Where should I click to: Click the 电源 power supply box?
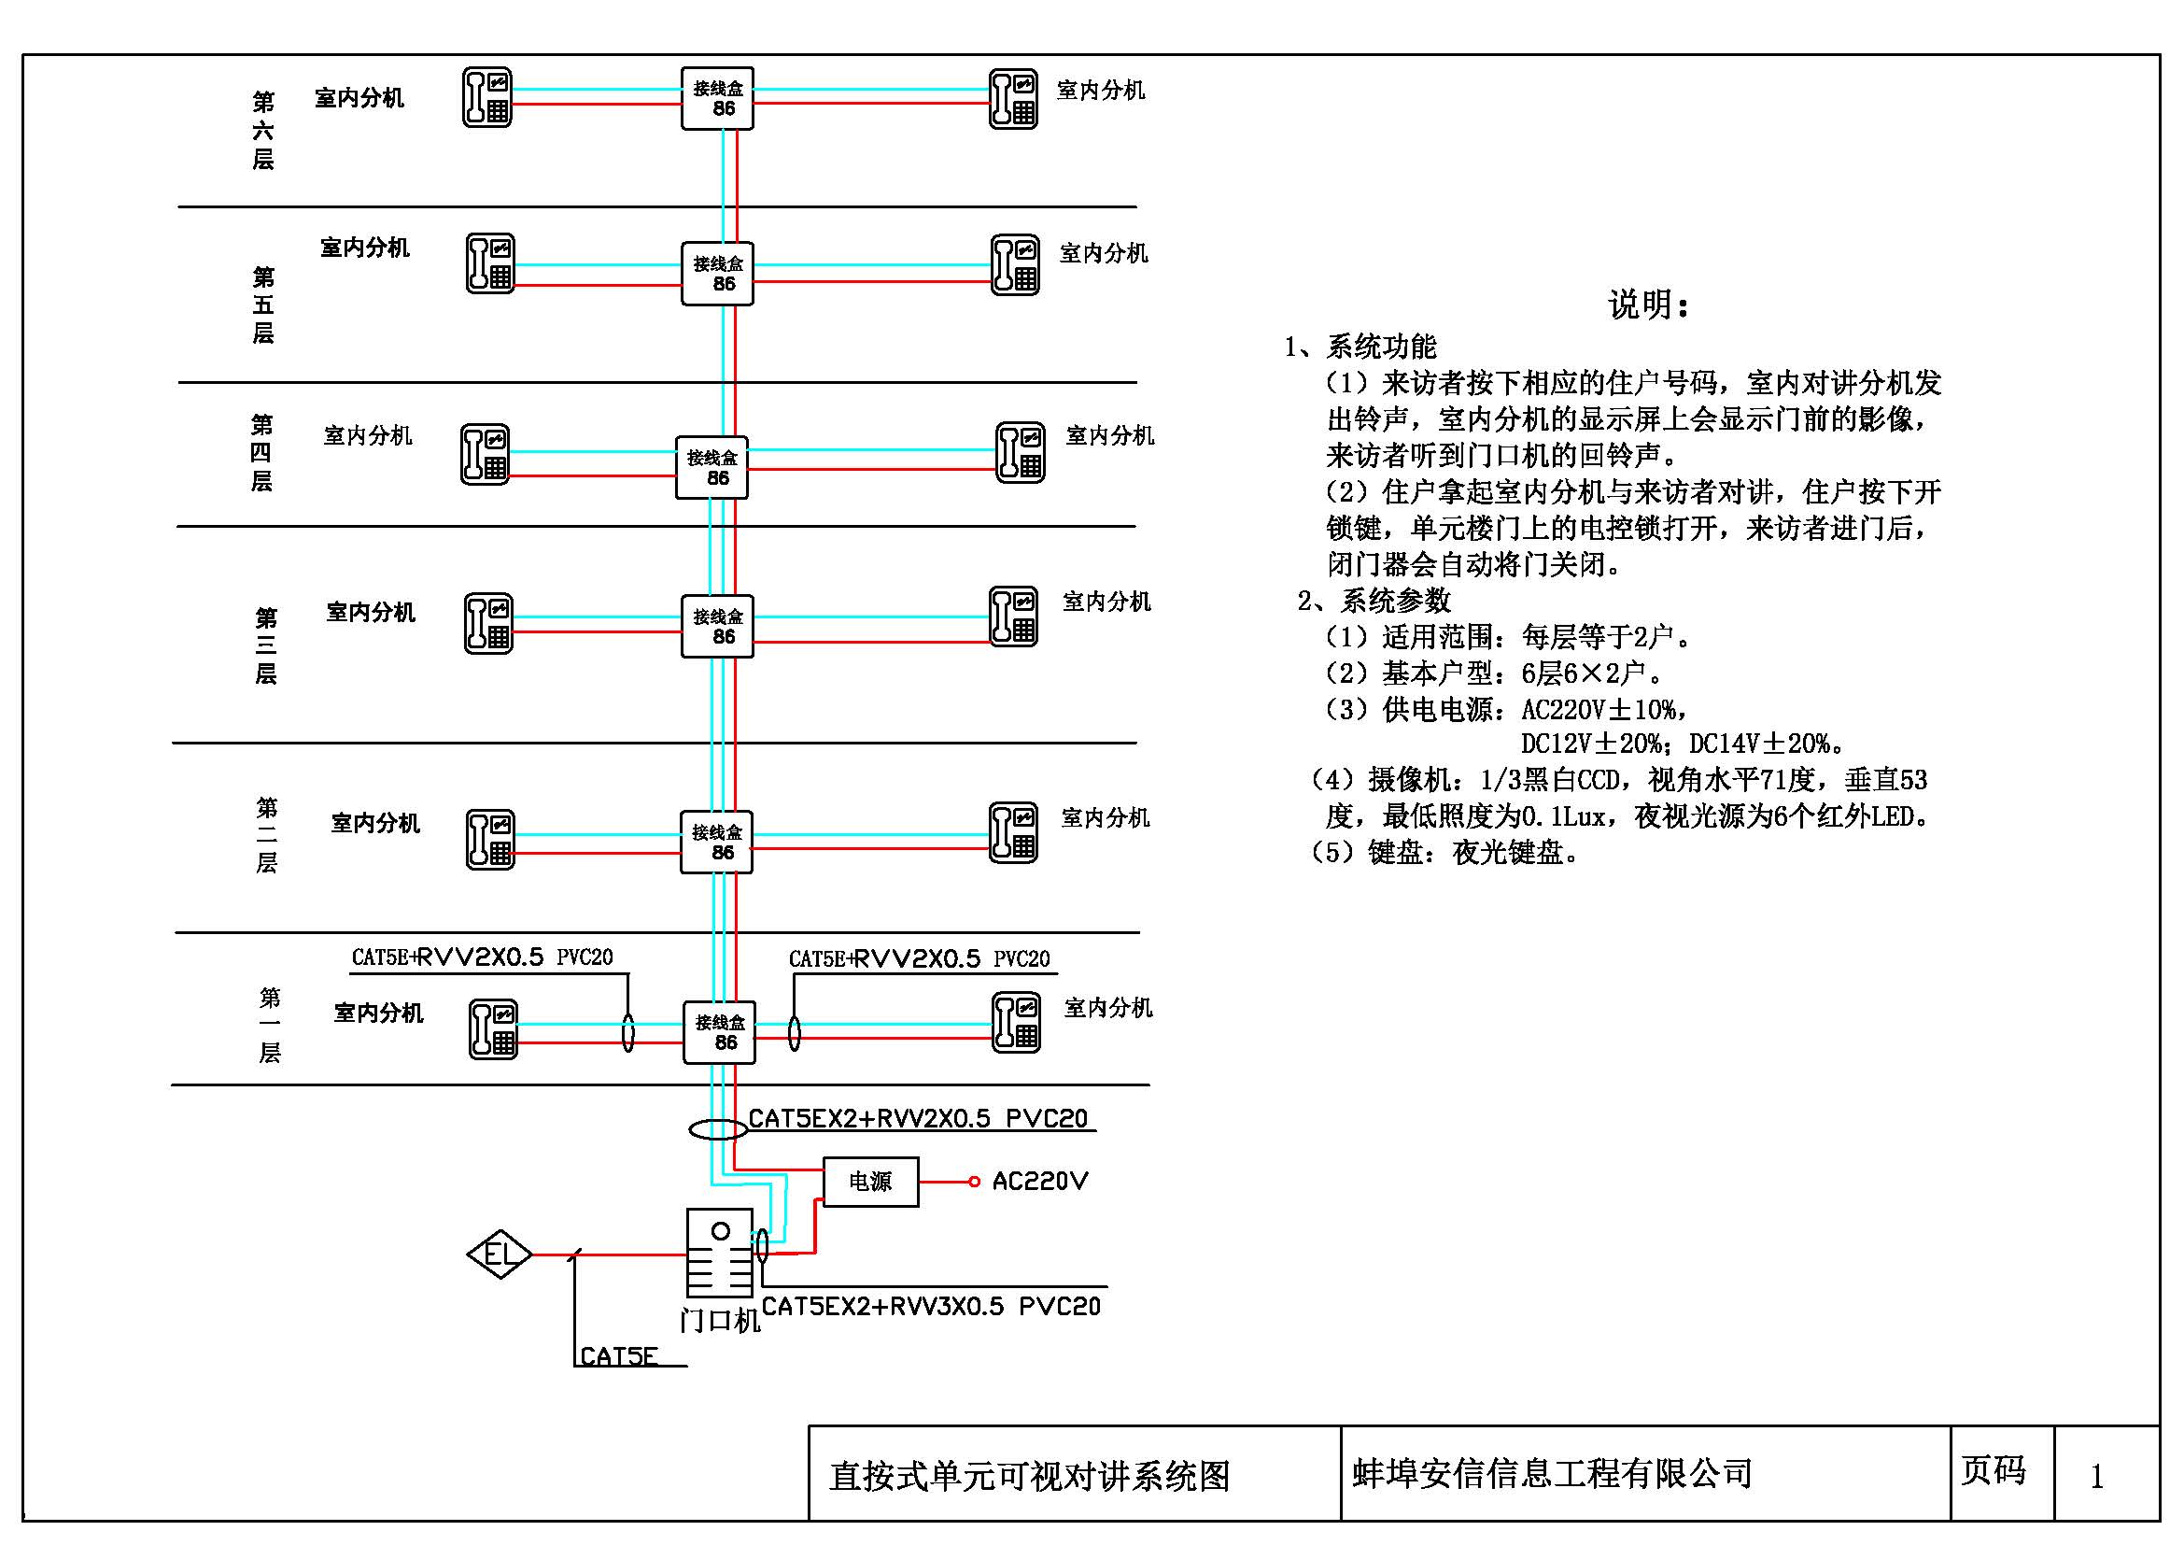click(x=869, y=1182)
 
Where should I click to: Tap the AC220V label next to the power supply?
click(x=1038, y=1182)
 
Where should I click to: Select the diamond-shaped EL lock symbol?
click(x=500, y=1254)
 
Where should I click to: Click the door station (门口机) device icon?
click(x=720, y=1252)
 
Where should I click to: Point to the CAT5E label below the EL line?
click(x=618, y=1356)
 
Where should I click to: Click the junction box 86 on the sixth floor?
click(x=717, y=98)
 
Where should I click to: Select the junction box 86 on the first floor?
click(x=719, y=1032)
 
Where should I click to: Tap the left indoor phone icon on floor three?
click(x=489, y=623)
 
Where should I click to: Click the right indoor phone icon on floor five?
click(x=1015, y=264)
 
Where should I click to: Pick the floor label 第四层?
click(x=261, y=453)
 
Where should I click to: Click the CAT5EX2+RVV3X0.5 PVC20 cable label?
click(x=930, y=1306)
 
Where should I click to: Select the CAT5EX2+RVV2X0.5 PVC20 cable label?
click(x=917, y=1119)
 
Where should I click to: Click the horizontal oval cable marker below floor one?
click(x=718, y=1129)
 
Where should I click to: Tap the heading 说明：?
click(x=1648, y=305)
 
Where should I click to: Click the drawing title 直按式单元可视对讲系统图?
click(x=1029, y=1477)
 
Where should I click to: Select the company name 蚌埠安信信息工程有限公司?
click(x=1552, y=1474)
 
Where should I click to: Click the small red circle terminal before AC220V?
click(x=974, y=1182)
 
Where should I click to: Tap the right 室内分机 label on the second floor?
click(x=1106, y=818)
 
